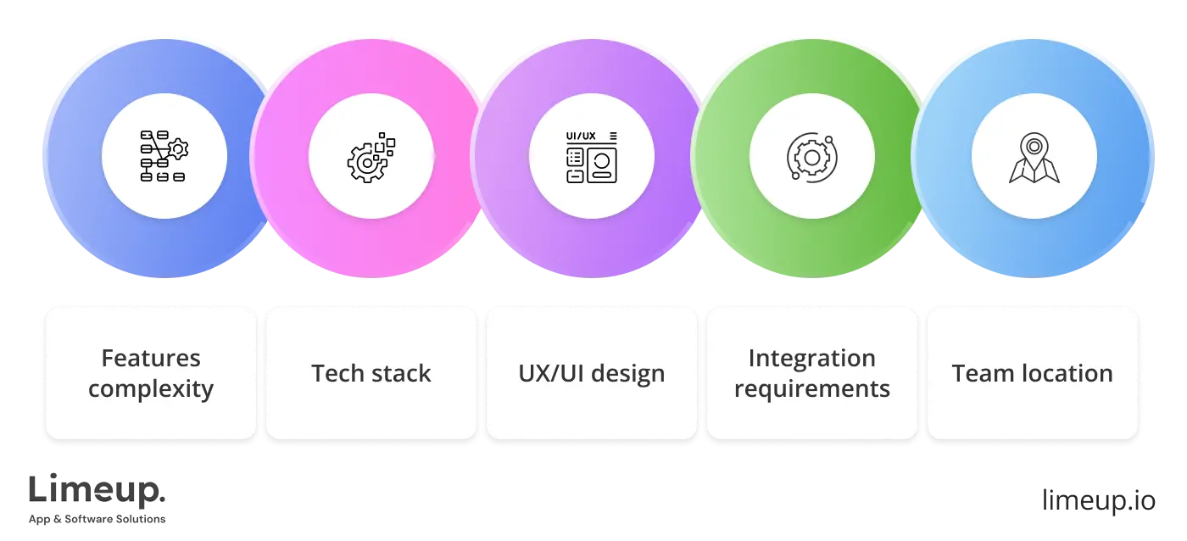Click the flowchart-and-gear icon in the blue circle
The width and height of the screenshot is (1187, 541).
164,156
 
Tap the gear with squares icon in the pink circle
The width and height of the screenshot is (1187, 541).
371,156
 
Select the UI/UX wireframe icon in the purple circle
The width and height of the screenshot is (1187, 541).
592,156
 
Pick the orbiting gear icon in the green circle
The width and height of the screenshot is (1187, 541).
811,156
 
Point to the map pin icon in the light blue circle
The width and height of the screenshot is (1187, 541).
1034,158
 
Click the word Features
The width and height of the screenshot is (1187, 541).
151,358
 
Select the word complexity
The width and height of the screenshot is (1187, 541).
151,389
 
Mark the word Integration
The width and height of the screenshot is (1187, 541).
811,358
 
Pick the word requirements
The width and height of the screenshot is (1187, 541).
811,389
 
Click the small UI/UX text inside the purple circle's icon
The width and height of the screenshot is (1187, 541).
581,136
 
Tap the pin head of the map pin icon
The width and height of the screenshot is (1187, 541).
1034,146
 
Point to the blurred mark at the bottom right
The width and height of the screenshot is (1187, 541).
1097,501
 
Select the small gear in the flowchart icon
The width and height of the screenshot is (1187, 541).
178,150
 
